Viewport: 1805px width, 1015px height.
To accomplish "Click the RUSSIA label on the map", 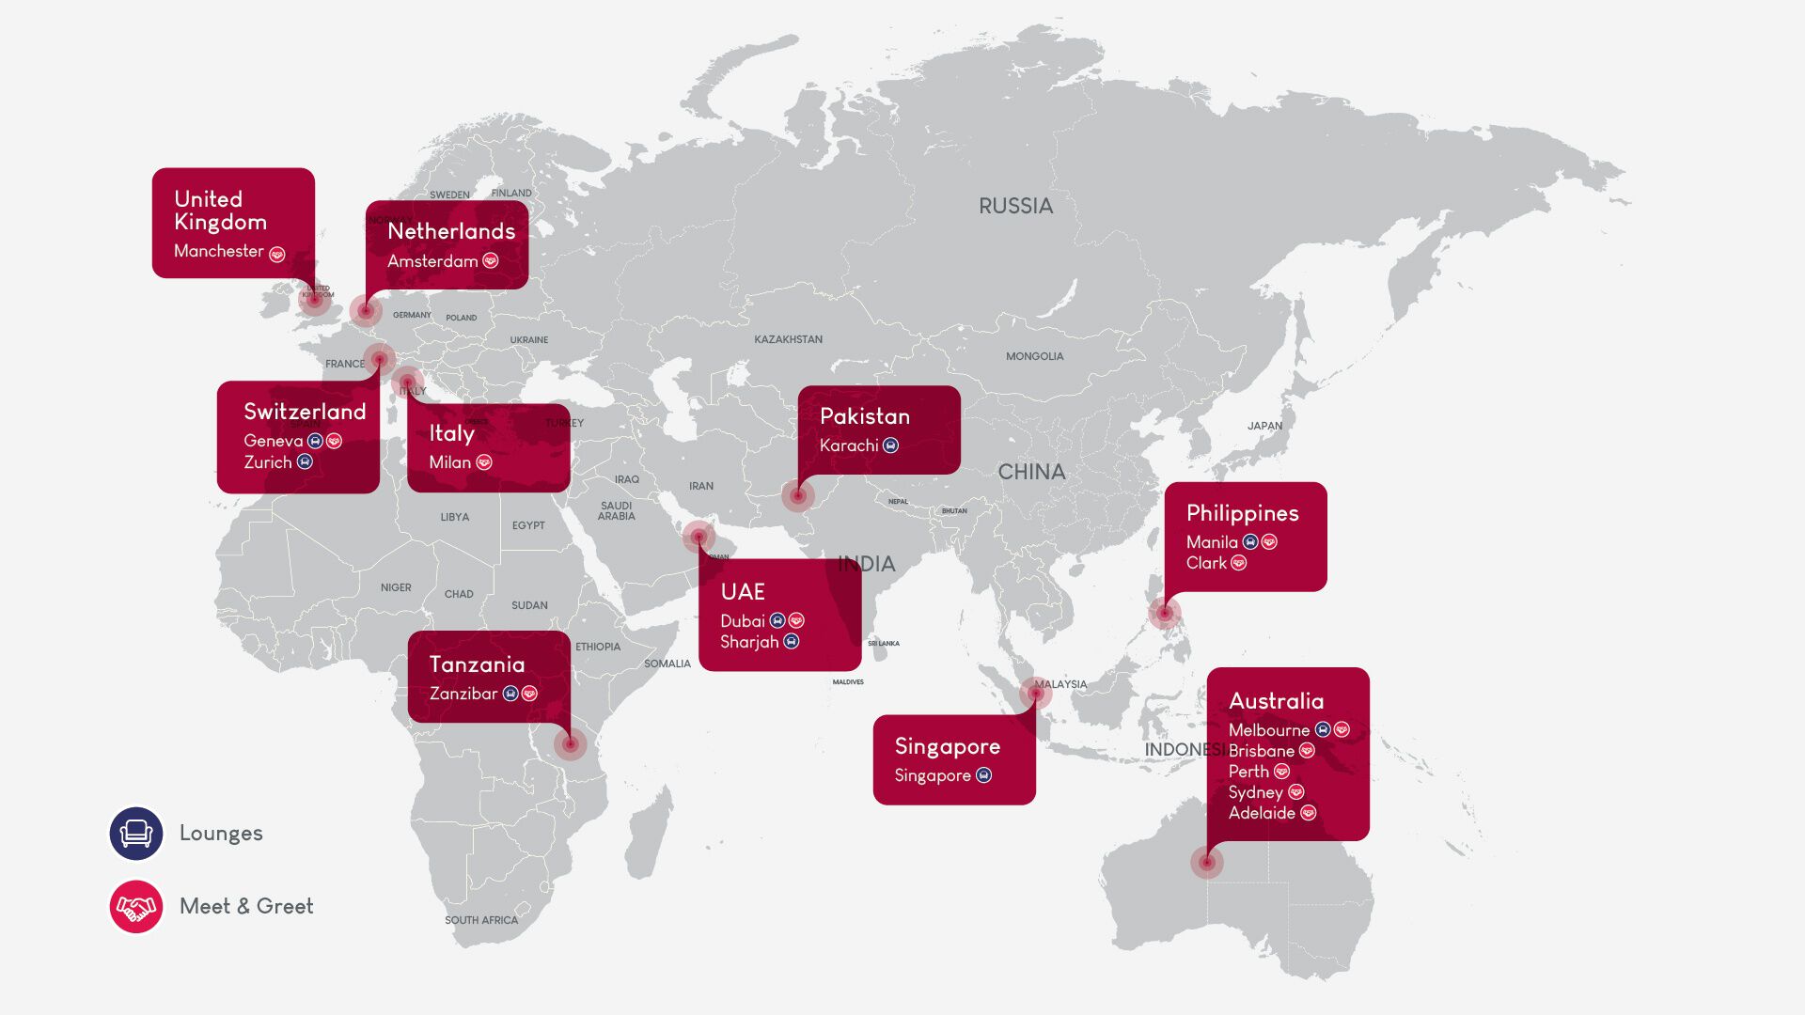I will click(1015, 206).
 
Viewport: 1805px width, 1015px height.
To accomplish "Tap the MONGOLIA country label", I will click(1034, 356).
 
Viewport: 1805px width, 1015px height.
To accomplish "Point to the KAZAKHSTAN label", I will click(788, 339).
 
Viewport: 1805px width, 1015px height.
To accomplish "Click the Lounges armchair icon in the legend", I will click(136, 833).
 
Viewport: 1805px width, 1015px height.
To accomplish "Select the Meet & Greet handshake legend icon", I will click(136, 906).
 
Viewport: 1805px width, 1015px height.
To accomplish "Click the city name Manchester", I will click(218, 251).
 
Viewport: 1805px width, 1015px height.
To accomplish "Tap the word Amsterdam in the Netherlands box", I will click(432, 261).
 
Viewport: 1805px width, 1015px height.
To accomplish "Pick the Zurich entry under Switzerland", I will click(268, 462).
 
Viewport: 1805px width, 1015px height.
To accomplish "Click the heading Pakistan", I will click(864, 416).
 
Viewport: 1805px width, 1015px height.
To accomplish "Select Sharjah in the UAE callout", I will click(749, 642).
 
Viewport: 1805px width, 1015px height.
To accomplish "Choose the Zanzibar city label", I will click(463, 694).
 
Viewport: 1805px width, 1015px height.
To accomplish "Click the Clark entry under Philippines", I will click(1206, 563).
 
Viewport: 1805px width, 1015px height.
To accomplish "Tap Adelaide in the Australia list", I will click(1262, 813).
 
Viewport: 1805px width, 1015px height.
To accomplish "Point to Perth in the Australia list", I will click(1248, 772).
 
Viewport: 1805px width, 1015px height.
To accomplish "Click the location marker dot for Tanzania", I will click(570, 744).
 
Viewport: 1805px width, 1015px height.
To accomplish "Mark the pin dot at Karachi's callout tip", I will click(797, 495).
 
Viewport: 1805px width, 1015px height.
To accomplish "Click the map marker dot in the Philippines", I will click(1164, 613).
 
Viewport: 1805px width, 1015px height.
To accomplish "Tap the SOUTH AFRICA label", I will click(481, 920).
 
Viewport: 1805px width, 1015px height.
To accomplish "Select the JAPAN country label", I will click(1264, 426).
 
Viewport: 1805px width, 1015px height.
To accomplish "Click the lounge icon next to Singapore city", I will click(983, 775).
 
